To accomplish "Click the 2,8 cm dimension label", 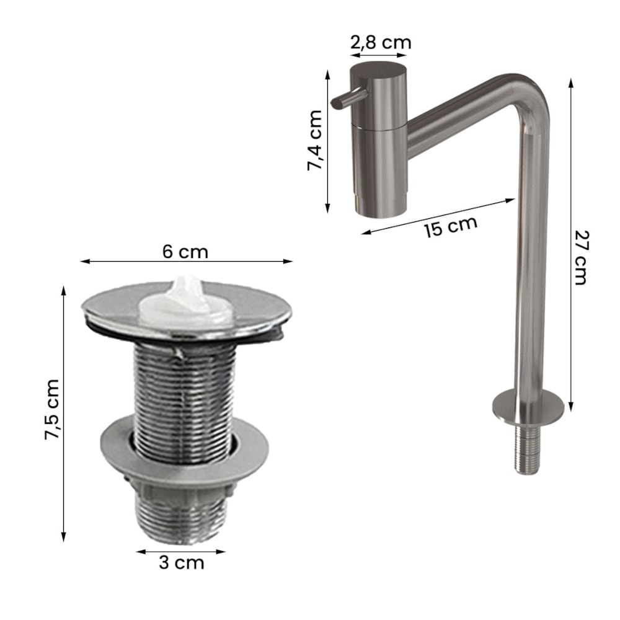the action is coord(381,42).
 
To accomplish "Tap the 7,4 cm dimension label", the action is coord(315,140).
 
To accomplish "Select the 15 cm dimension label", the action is coord(451,226).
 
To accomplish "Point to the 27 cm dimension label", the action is coord(581,257).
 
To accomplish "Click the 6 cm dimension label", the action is coord(185,252).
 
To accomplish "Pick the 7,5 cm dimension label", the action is coord(52,409).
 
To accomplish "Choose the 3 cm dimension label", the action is coord(182,563).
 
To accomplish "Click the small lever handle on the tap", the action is coord(348,99).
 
